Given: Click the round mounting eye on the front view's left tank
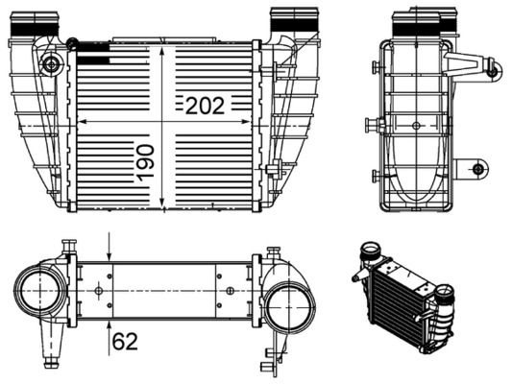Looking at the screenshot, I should click(51, 64).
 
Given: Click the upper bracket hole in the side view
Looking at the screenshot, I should click(491, 69).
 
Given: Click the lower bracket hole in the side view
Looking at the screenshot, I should click(478, 169).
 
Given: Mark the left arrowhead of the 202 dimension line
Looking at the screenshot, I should click(81, 122).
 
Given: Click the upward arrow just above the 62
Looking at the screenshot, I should click(110, 324).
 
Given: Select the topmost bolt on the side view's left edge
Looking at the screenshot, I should click(373, 67).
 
